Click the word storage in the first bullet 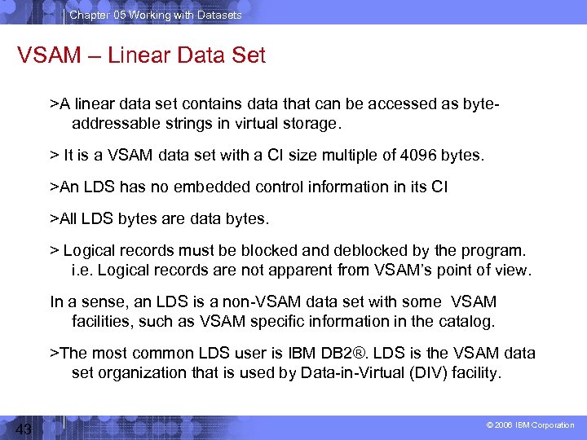311,123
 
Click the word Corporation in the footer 554,425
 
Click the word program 498,250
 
